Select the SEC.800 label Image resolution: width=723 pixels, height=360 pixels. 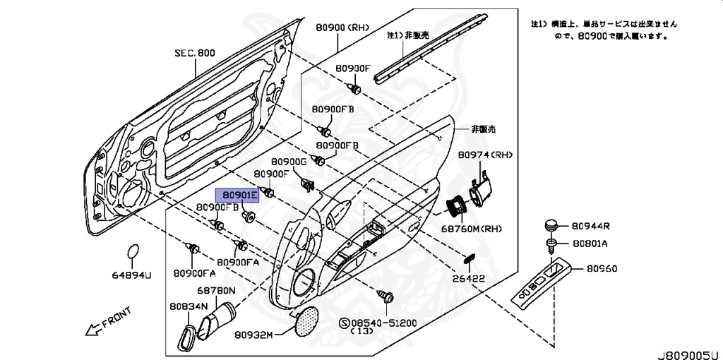[195, 53]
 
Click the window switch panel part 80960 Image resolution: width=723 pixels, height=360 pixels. [543, 285]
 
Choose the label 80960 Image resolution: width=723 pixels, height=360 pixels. [602, 268]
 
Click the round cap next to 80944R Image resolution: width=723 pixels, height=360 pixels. [551, 226]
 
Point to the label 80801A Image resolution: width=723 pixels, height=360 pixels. [590, 244]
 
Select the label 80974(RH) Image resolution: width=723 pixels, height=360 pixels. [485, 155]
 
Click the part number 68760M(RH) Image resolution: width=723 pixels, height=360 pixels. [472, 229]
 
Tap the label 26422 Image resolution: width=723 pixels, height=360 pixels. [469, 278]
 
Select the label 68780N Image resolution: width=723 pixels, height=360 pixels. [217, 290]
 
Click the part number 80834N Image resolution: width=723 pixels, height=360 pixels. [189, 306]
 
